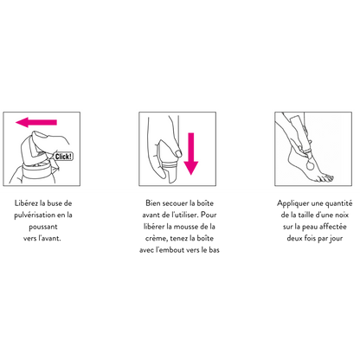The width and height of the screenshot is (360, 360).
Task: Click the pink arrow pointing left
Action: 36,122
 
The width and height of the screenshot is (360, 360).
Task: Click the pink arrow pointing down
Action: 191,154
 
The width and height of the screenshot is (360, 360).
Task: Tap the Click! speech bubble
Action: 63,157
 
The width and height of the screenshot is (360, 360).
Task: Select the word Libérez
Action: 26,203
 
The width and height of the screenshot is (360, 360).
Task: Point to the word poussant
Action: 43,227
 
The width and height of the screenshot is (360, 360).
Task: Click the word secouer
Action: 175,203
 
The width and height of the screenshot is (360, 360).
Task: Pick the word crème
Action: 157,239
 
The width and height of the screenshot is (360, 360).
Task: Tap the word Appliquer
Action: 293,203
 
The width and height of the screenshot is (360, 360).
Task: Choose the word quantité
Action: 339,203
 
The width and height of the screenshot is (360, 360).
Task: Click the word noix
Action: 342,215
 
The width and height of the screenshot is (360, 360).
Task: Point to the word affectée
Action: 333,227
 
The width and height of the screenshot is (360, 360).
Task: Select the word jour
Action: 336,239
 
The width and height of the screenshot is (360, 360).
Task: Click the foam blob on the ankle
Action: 311,165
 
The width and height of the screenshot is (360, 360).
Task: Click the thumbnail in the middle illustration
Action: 178,153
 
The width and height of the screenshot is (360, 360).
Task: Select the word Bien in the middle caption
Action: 153,203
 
